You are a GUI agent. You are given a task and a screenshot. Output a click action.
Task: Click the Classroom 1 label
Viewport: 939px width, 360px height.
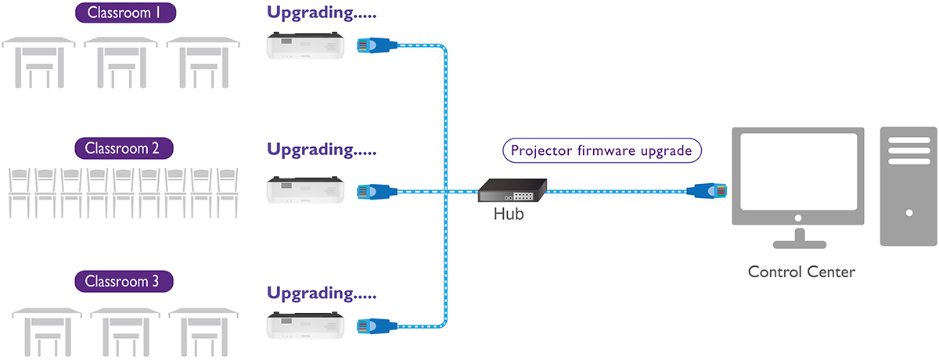tap(126, 13)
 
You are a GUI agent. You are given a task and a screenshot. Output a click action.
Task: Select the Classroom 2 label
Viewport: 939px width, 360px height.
tap(123, 147)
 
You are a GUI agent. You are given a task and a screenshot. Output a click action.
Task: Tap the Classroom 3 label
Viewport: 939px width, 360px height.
tap(123, 282)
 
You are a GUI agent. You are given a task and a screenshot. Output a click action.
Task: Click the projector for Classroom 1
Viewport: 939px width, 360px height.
tap(305, 45)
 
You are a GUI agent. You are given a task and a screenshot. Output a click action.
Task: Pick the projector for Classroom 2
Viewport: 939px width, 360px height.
tap(305, 190)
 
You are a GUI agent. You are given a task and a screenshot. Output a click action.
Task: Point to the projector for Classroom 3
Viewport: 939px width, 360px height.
tap(305, 325)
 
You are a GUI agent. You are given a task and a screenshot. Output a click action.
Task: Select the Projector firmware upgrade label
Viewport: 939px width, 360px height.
tap(601, 151)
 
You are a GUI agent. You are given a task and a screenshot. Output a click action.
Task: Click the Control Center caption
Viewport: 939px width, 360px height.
tap(801, 272)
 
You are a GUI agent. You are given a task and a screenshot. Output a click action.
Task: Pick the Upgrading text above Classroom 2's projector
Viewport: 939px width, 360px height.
tap(322, 148)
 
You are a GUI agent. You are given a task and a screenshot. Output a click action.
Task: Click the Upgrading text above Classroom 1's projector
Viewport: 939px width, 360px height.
tap(322, 13)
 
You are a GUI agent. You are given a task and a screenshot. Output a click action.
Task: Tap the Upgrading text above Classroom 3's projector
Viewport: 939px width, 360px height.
tap(322, 293)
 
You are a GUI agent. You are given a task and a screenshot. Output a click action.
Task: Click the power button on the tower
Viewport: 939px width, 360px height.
tap(908, 212)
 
